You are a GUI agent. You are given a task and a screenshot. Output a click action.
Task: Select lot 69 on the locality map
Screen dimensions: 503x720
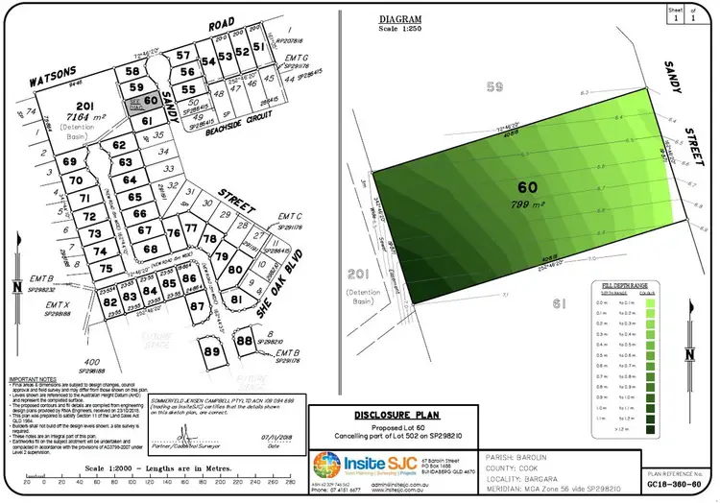coord(70,163)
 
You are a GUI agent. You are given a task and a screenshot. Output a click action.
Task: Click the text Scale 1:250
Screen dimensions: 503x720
coord(400,28)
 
